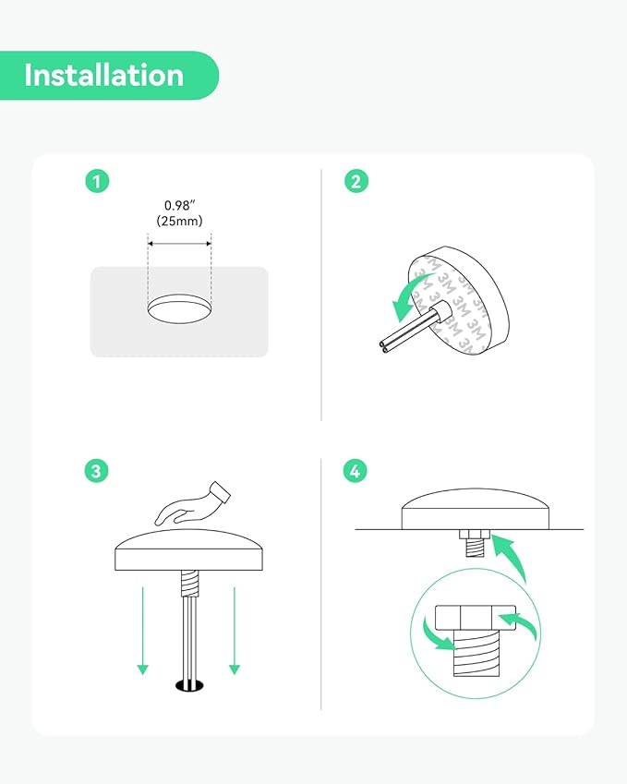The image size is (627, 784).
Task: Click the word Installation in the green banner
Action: pyautogui.click(x=104, y=75)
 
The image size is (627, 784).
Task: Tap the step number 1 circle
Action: pyautogui.click(x=97, y=181)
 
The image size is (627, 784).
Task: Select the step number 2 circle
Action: pyautogui.click(x=356, y=181)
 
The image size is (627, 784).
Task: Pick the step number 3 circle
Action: pyautogui.click(x=97, y=471)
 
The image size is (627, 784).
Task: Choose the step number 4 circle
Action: pyautogui.click(x=355, y=471)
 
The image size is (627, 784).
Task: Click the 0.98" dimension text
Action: pyautogui.click(x=179, y=206)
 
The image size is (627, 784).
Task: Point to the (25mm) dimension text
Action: pyautogui.click(x=179, y=221)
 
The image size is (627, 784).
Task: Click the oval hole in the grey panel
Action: pyautogui.click(x=179, y=308)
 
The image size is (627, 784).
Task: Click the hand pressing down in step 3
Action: pyautogui.click(x=192, y=504)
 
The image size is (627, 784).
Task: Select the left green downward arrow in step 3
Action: pyautogui.click(x=143, y=631)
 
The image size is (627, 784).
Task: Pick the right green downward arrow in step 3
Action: pyautogui.click(x=235, y=631)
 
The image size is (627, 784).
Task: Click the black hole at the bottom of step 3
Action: pyautogui.click(x=190, y=685)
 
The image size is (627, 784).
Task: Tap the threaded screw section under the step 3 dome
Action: pyautogui.click(x=189, y=584)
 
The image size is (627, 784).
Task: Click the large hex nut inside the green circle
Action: pyautogui.click(x=476, y=618)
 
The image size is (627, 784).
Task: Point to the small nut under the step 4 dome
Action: pyautogui.click(x=474, y=534)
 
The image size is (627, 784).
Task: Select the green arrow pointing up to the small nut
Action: pyautogui.click(x=509, y=558)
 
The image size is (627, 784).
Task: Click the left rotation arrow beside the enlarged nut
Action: pyautogui.click(x=437, y=634)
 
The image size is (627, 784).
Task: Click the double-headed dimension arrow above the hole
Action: pyautogui.click(x=179, y=244)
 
